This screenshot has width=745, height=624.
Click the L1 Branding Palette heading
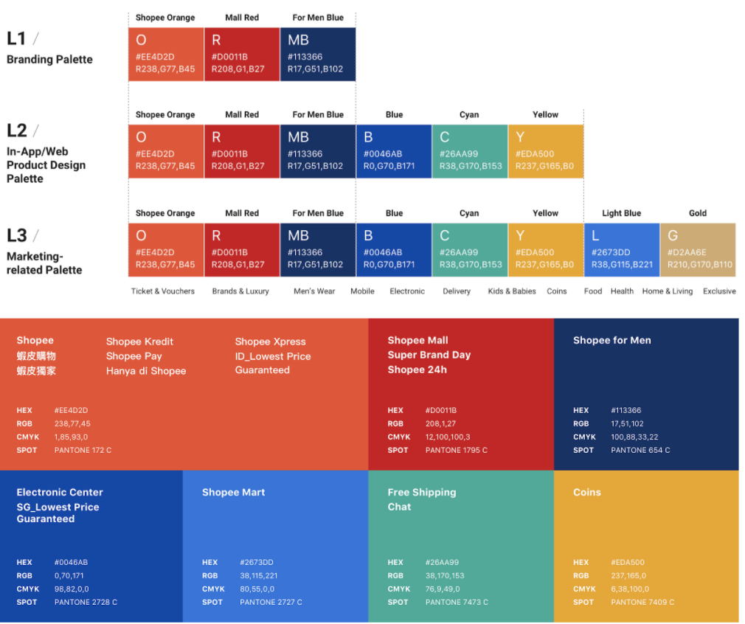click(49, 49)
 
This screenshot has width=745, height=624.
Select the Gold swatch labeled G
click(698, 249)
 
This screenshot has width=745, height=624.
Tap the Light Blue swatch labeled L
click(621, 249)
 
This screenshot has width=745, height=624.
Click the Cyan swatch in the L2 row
click(469, 151)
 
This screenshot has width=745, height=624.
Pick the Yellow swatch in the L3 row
click(545, 249)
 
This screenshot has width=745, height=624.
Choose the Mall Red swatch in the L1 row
click(241, 54)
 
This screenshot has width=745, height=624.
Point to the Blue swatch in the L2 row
click(393, 151)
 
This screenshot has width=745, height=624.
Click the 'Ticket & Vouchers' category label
click(163, 291)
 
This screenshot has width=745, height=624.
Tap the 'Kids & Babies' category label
click(512, 291)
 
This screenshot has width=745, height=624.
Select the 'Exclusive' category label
click(718, 291)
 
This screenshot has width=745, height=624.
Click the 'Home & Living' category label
click(667, 291)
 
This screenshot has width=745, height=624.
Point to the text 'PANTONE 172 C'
click(83, 450)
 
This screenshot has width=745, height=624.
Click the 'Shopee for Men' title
click(611, 340)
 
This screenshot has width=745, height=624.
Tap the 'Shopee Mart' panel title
click(233, 492)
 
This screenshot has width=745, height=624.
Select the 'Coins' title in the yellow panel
click(586, 492)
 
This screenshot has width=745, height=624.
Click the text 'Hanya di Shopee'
click(146, 371)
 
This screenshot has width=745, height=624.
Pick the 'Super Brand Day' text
click(429, 355)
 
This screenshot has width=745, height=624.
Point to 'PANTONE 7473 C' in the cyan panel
click(457, 602)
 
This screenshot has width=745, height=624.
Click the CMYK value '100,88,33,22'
click(634, 437)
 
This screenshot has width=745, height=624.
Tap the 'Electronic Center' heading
click(60, 492)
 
